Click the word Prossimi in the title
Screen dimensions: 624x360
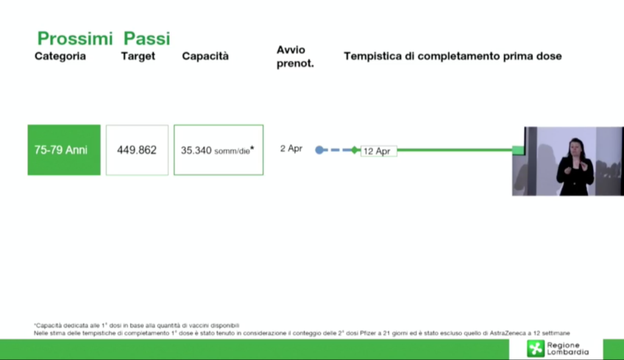tap(75, 38)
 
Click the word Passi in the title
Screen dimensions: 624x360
tap(147, 38)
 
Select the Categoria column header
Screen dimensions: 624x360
tap(60, 56)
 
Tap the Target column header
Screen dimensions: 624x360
tap(138, 56)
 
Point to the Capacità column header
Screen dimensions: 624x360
tap(205, 55)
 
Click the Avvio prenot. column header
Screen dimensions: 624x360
tap(296, 57)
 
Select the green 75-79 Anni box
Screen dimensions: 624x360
tap(64, 150)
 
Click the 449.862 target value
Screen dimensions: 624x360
tap(137, 150)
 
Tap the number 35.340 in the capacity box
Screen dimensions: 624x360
tap(196, 150)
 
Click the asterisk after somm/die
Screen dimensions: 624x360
tap(252, 149)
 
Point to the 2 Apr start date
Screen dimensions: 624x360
tap(291, 149)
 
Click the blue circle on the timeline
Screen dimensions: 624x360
tap(319, 150)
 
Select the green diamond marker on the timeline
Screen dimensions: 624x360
tap(355, 150)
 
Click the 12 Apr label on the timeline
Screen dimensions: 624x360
tap(377, 151)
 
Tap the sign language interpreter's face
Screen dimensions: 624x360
tap(575, 146)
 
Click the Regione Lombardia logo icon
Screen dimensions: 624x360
tap(536, 348)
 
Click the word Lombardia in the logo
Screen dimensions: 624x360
tap(568, 352)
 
